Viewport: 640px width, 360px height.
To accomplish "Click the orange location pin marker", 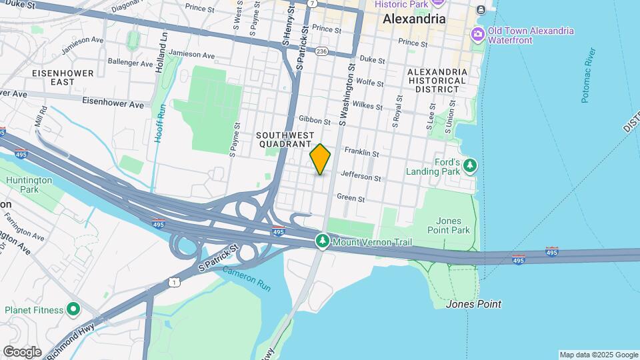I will pos(321,159).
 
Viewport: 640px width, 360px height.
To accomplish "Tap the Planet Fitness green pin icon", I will pos(73,309).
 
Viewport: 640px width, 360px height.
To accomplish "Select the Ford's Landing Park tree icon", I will pos(471,164).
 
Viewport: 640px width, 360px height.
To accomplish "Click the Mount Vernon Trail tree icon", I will pos(323,240).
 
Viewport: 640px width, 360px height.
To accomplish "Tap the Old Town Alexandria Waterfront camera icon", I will pos(477,34).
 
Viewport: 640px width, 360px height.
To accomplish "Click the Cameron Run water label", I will pos(247,278).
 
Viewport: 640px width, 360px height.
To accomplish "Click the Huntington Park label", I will pos(28,185).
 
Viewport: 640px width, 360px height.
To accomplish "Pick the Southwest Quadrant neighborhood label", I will pos(284,139).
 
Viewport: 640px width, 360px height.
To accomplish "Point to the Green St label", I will pos(351,198).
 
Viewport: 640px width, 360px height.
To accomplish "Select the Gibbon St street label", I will pos(315,121).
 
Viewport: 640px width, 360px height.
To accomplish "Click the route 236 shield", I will pos(322,51).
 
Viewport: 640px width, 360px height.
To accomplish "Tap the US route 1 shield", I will pos(175,283).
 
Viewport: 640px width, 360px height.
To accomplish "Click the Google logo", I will pos(22,351).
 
